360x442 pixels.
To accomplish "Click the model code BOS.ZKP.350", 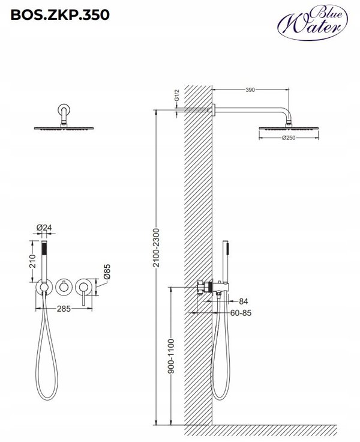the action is coord(60,14).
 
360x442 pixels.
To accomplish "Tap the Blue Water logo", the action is coord(313,23).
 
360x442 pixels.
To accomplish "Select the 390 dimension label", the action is coord(250,90).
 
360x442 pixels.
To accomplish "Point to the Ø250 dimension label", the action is coord(289,138).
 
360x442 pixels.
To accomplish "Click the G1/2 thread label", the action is coord(176,95).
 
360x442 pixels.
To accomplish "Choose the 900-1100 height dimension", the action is coord(171,356).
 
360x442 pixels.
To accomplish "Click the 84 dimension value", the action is coord(244,301).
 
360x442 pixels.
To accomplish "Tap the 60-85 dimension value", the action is coord(241,313).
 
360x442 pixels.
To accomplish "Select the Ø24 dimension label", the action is coord(44,228).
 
